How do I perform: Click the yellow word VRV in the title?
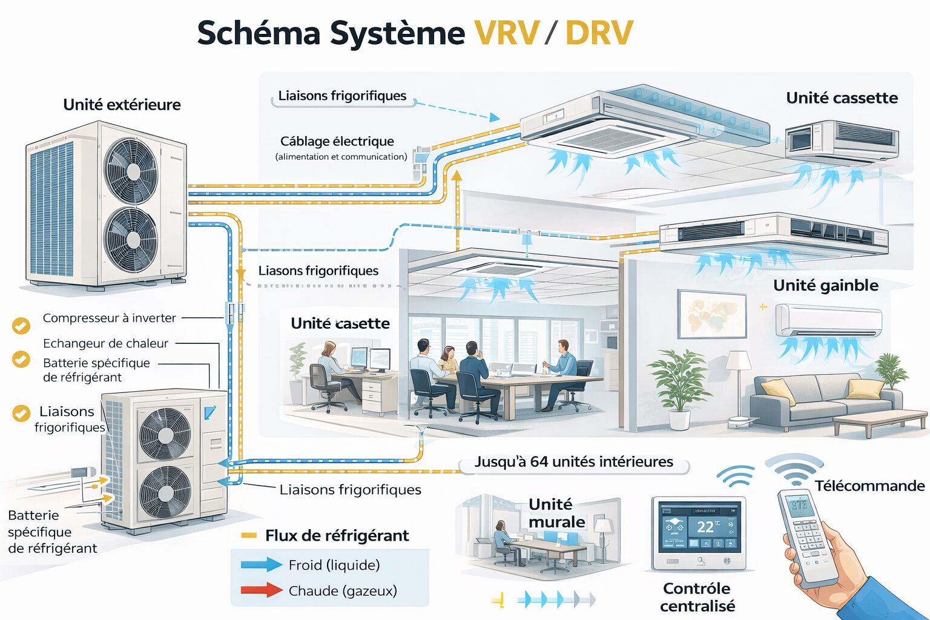point(506,33)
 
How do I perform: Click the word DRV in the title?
point(599,33)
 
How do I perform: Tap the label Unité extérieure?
point(122,105)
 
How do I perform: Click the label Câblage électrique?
point(337,141)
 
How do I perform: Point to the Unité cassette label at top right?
point(841,97)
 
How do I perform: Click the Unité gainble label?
point(825,285)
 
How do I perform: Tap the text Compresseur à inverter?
point(109,318)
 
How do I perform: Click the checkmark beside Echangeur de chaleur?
point(21,359)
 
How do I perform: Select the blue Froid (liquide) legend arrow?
point(261,565)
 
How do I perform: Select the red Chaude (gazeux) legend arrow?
point(261,590)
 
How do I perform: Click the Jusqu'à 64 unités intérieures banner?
point(573,462)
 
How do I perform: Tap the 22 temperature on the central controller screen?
point(705,526)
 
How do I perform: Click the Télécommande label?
point(869,486)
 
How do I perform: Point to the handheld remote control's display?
point(799,504)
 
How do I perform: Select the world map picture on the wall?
point(712,314)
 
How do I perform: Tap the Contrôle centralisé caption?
point(697,597)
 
